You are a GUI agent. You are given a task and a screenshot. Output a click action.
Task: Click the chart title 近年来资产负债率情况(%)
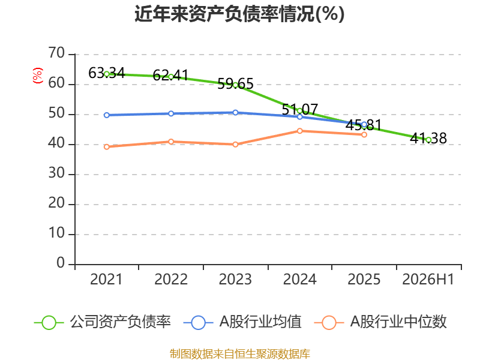239,14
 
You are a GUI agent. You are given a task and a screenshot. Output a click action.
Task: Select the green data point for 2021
107,74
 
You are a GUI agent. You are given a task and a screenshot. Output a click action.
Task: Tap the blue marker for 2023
235,113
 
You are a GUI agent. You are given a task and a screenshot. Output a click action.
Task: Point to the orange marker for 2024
299,131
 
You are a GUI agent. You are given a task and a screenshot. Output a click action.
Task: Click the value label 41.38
428,139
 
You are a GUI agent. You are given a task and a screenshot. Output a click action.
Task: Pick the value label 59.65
235,84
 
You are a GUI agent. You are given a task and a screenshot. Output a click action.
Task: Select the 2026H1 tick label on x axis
428,279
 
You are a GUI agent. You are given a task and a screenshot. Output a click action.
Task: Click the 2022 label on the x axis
171,279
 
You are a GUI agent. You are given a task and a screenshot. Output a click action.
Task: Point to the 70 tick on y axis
56,53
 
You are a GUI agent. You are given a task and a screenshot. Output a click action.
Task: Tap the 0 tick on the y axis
61,263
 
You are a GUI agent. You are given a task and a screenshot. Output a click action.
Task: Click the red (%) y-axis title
37,76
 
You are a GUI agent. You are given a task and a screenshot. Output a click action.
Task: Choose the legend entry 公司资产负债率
103,322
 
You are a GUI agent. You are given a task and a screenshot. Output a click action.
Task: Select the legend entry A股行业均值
242,322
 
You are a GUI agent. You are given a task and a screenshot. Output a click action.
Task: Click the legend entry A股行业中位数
380,322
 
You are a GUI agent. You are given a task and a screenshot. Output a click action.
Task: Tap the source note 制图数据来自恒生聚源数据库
240,354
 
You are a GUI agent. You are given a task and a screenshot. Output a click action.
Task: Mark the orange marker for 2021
107,147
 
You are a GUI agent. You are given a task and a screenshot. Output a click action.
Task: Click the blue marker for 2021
107,115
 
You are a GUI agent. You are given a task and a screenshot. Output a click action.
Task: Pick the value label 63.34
107,73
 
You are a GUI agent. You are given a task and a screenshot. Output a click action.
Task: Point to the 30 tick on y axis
56,173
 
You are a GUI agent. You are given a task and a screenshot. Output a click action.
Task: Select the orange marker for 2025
364,134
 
